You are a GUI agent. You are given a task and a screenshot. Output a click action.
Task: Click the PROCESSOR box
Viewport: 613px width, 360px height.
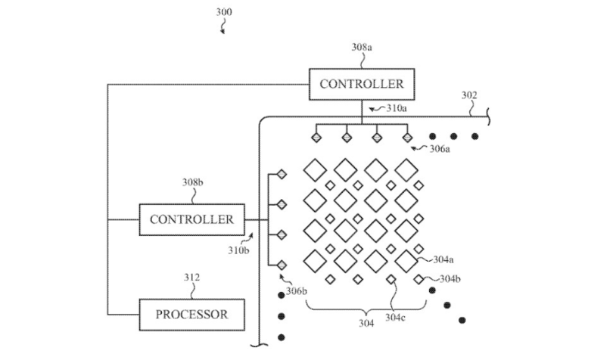click(192, 315)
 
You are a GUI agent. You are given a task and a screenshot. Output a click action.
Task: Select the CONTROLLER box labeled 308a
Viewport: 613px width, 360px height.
click(362, 84)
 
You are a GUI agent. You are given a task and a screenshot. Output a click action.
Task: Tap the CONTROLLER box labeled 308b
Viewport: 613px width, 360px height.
click(192, 219)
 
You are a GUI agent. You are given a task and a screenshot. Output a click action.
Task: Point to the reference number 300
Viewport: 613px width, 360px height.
click(224, 12)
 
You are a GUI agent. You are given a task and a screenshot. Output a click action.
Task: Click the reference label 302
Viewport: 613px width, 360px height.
click(469, 95)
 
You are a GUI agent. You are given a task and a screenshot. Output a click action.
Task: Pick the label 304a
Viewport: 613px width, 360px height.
click(443, 259)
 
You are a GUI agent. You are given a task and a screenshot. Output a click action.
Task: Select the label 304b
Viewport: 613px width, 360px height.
click(450, 278)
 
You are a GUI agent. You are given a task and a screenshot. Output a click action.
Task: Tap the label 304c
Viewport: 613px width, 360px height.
click(395, 318)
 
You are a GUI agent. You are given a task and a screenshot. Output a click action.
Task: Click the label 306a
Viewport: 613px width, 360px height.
click(440, 149)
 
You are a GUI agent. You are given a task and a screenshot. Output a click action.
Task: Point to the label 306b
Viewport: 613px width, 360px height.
click(297, 291)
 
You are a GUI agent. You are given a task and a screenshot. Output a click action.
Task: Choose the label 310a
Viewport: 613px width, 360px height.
click(397, 108)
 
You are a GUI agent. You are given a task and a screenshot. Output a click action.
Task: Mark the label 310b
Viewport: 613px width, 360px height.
click(238, 250)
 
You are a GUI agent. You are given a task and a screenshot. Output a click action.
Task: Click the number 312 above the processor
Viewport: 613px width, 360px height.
click(192, 278)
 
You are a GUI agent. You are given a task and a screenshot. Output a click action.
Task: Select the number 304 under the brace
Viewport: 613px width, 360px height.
click(366, 323)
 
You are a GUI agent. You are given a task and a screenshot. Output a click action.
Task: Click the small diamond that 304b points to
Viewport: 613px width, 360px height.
click(419, 280)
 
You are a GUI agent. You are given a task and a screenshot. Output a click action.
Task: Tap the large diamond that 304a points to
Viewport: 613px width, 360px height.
click(406, 261)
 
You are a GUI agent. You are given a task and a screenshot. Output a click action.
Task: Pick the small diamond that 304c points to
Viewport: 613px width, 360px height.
click(391, 280)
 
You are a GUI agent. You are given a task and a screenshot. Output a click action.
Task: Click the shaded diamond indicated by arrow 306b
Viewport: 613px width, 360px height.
click(282, 265)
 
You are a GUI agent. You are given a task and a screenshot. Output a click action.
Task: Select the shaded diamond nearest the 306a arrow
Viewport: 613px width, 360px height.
click(407, 138)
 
